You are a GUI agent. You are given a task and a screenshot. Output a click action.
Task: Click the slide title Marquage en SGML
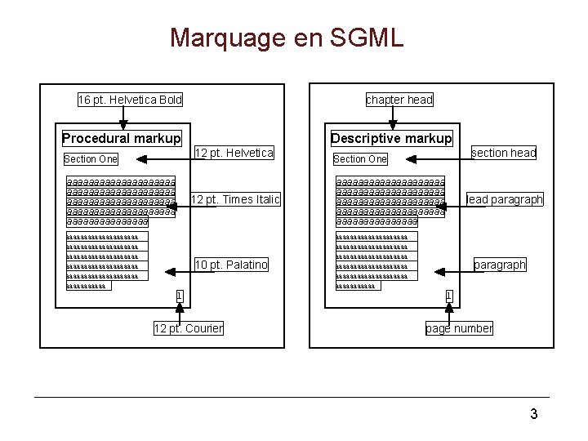click(287, 38)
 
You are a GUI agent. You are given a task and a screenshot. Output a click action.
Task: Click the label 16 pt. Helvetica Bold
click(130, 100)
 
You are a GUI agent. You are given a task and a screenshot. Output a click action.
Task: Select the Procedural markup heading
click(122, 138)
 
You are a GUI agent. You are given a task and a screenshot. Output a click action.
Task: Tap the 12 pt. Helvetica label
click(234, 153)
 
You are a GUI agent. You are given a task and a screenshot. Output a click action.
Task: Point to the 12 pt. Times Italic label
click(235, 199)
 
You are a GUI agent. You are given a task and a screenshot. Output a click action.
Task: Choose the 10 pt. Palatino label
click(231, 265)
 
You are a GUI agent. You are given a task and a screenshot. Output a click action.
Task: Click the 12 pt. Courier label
click(189, 328)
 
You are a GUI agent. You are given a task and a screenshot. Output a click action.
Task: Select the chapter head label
click(399, 100)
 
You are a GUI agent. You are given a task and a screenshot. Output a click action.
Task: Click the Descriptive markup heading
click(391, 138)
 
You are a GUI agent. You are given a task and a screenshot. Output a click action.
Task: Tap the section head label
click(504, 153)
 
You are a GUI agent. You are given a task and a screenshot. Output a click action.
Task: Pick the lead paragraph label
click(505, 199)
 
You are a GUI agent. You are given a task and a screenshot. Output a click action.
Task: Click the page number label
click(459, 328)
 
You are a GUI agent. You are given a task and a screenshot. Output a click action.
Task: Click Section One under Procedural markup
click(91, 159)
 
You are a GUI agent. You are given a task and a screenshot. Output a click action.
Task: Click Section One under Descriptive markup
click(360, 159)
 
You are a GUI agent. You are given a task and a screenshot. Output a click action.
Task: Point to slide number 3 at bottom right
click(534, 414)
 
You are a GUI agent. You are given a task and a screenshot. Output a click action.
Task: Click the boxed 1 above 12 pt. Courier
click(179, 296)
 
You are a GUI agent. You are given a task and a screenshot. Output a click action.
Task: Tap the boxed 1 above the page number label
click(448, 296)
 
